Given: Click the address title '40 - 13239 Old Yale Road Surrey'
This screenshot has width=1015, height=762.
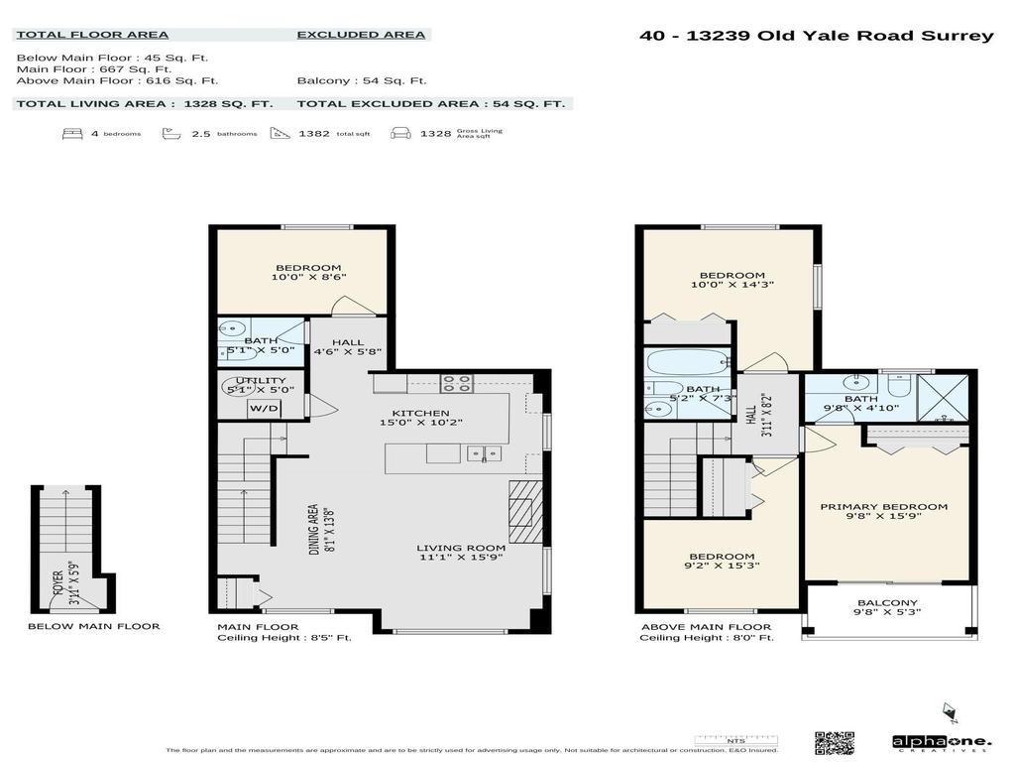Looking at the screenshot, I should [x=816, y=36].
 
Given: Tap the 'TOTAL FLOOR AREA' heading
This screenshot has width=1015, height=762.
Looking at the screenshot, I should [x=91, y=35].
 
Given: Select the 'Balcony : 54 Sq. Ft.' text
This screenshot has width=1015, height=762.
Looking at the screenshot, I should [x=361, y=80].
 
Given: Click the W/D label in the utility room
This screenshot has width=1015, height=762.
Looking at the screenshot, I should [x=263, y=408].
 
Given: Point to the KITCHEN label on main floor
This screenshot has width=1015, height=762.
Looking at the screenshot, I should [x=421, y=414].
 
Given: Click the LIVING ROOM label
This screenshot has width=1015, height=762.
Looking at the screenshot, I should [x=461, y=548].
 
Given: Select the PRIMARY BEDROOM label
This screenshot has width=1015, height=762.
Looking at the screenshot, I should [x=883, y=507].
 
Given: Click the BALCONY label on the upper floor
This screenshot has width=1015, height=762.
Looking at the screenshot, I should [x=887, y=603].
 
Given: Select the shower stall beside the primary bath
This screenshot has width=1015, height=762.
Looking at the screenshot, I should [x=943, y=397].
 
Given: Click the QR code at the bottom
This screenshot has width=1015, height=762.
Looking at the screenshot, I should [x=834, y=742].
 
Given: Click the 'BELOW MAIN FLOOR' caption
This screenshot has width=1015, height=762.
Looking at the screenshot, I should [x=93, y=626].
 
